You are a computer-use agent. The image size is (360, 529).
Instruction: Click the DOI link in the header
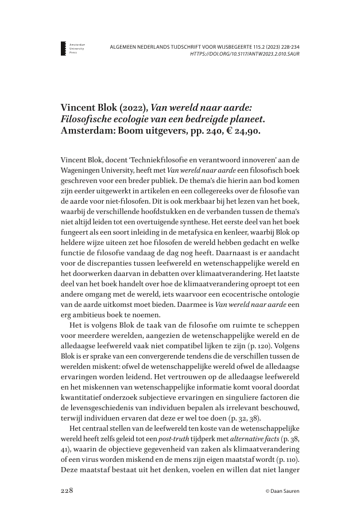pyautogui.click(x=244, y=54)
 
